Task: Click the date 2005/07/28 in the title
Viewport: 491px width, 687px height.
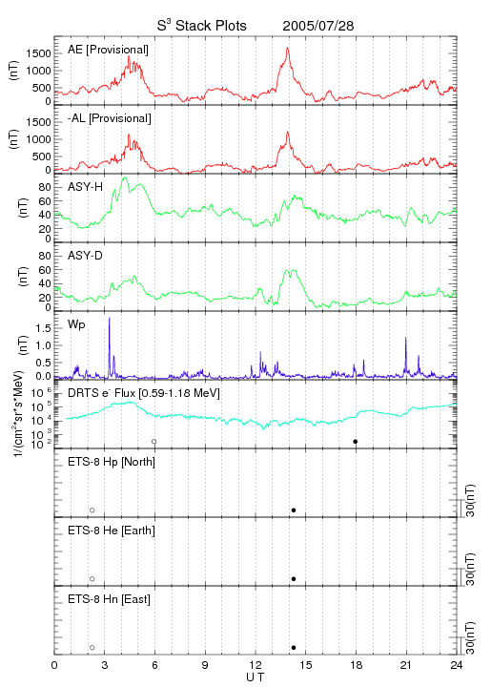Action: [318, 26]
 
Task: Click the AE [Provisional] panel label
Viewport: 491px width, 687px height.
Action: [108, 50]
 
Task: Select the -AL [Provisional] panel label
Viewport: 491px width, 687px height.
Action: [110, 118]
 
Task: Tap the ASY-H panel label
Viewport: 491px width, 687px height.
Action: [86, 187]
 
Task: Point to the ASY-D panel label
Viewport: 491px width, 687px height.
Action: [86, 256]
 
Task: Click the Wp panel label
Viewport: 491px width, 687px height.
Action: [76, 325]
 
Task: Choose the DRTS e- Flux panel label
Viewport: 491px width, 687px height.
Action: [144, 393]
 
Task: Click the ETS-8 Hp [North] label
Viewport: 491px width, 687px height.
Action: [112, 462]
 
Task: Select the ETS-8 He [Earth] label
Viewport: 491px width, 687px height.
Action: [112, 531]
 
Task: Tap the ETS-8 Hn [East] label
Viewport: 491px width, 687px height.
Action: [109, 599]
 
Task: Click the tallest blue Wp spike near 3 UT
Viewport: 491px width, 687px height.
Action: [109, 318]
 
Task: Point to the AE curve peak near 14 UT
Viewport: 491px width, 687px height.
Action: [288, 48]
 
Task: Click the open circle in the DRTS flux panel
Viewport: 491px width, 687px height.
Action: [154, 442]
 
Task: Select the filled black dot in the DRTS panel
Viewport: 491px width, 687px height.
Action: [356, 442]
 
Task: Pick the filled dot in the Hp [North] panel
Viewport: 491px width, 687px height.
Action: [294, 510]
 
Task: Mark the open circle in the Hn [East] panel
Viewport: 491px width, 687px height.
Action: [92, 648]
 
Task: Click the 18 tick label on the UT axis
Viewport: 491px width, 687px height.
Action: [357, 665]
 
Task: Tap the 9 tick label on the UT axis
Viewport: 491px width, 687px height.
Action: [205, 665]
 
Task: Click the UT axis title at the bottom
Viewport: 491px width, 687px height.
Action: [256, 677]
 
